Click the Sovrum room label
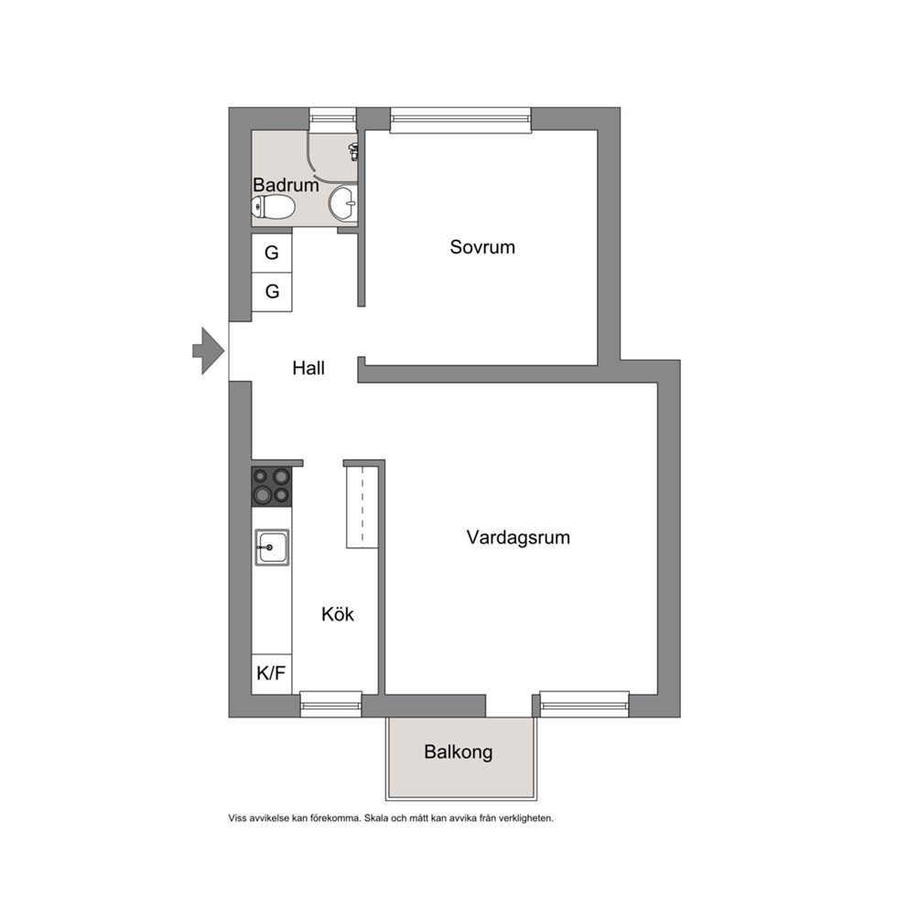[482, 247]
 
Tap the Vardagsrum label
[518, 537]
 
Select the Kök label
[338, 614]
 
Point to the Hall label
[308, 368]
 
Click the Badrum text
[286, 185]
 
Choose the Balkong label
[458, 751]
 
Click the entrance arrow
[209, 351]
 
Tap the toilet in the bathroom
[274, 207]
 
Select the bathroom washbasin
[343, 204]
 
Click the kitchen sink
[272, 547]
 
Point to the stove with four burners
[272, 486]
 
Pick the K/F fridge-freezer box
[272, 674]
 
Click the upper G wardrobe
[272, 253]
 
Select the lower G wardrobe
[272, 291]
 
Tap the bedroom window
[460, 120]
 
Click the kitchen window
[330, 704]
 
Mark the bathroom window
[332, 118]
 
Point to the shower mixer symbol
[352, 152]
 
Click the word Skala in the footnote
[376, 818]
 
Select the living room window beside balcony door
[584, 704]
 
